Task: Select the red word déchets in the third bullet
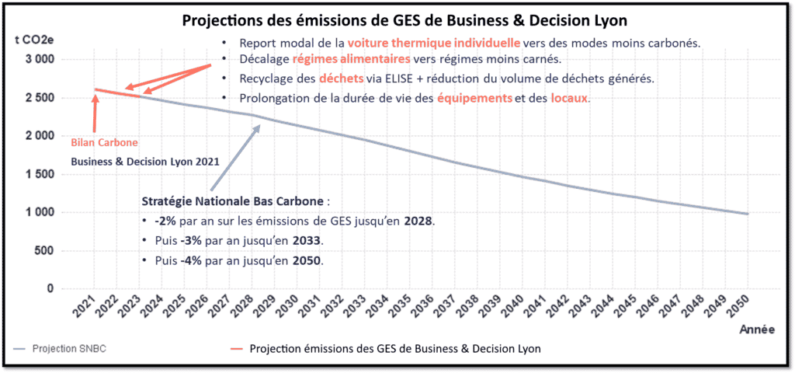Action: click(x=337, y=79)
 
